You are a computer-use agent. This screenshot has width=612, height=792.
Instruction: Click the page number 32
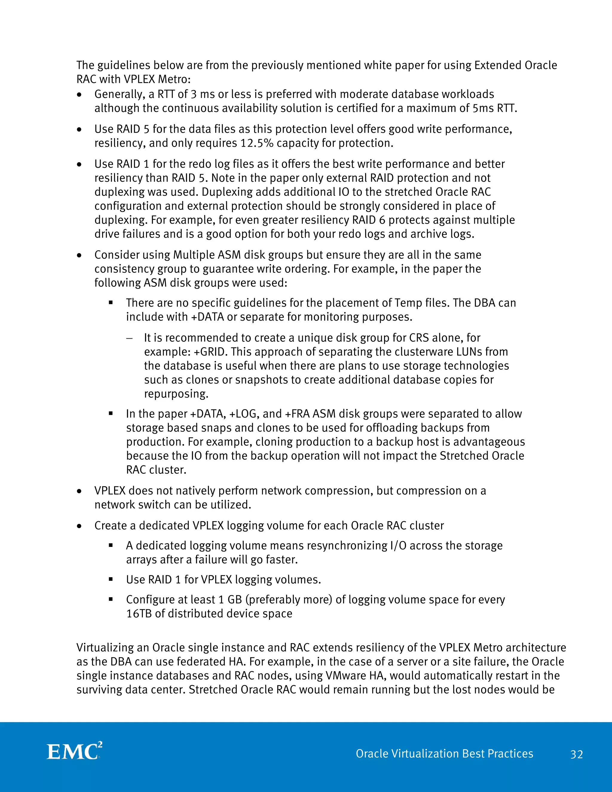pyautogui.click(x=576, y=754)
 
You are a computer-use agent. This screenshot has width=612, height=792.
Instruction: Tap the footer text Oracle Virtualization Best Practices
pyautogui.click(x=444, y=753)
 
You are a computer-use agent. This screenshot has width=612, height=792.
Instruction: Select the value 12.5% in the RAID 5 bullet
pyautogui.click(x=257, y=143)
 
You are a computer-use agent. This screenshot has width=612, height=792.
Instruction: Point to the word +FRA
pyautogui.click(x=298, y=414)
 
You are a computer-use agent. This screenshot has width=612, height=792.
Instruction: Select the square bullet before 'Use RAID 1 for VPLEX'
pyautogui.click(x=111, y=579)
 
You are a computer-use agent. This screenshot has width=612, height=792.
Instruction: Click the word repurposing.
pyautogui.click(x=176, y=394)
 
